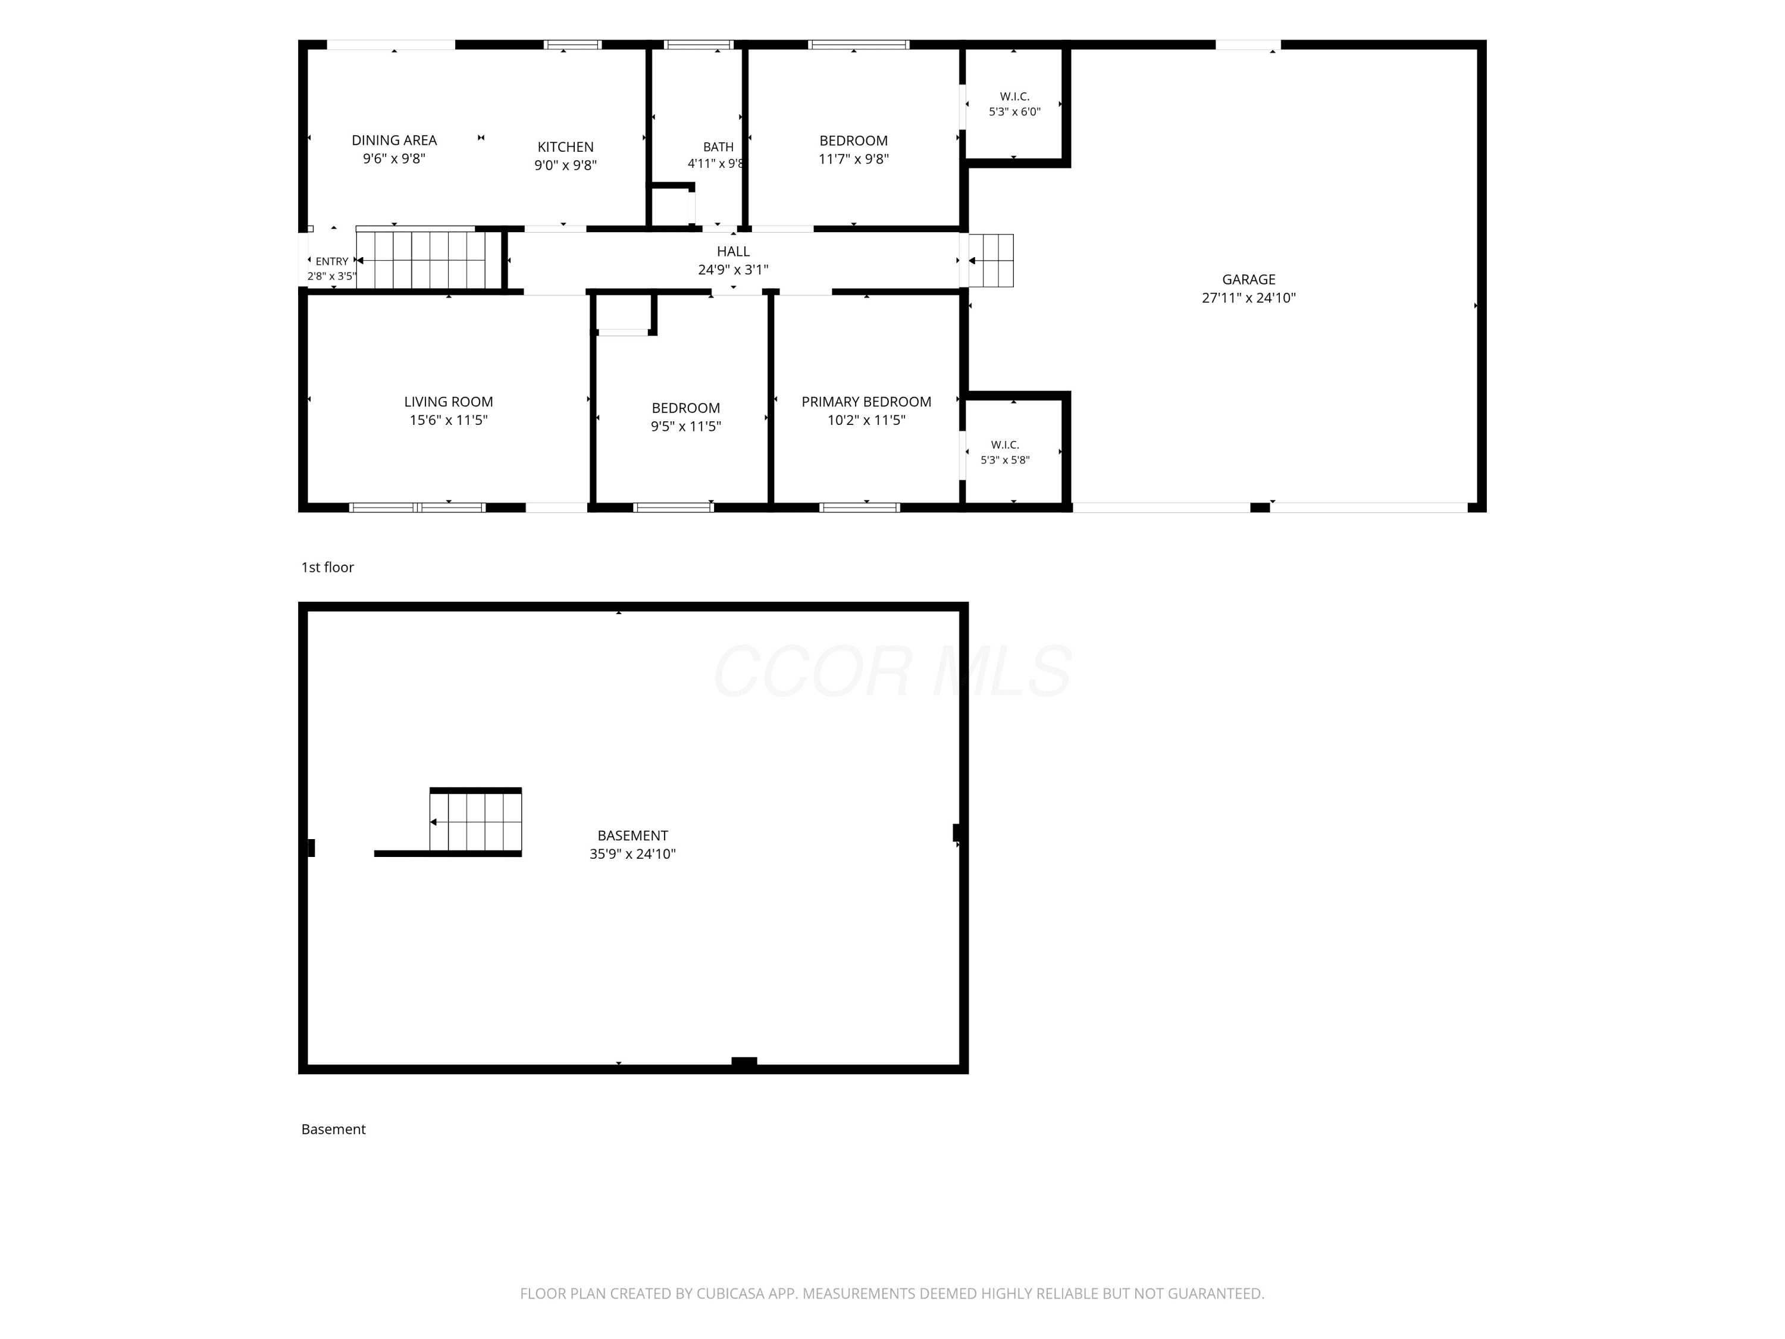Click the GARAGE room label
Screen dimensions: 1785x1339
point(1248,279)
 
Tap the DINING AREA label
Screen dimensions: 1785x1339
point(394,140)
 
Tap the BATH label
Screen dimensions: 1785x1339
point(718,147)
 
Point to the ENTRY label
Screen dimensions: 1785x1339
point(331,261)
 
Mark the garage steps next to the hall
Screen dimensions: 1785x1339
point(991,261)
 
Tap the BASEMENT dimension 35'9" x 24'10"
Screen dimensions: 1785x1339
point(632,854)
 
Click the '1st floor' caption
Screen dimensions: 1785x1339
point(328,567)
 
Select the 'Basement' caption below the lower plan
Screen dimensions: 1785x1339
point(333,1129)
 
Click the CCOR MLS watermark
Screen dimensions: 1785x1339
point(892,671)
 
